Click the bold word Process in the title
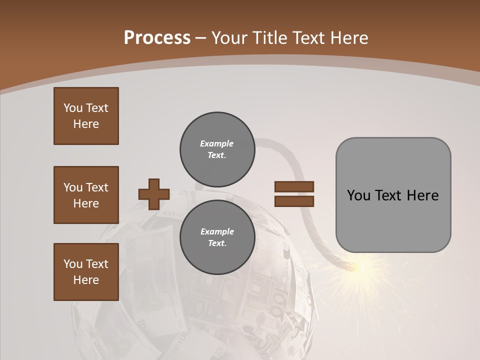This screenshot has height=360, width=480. tap(157, 38)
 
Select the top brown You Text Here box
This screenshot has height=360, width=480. tap(86, 116)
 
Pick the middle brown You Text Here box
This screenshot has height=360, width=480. tap(86, 195)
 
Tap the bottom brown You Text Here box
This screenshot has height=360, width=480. tap(86, 272)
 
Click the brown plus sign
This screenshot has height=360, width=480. tap(154, 194)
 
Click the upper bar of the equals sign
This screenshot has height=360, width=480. tap(294, 186)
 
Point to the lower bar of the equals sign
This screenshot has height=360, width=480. tap(294, 201)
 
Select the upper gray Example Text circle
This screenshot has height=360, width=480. tap(217, 149)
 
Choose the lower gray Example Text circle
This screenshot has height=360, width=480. tap(217, 237)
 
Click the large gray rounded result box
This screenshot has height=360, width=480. tap(393, 195)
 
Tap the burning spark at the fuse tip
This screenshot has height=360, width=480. tap(362, 267)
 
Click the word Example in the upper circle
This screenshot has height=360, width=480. tap(216, 143)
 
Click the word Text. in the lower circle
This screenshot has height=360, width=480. tap(217, 243)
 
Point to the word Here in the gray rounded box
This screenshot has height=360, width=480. tap(422, 195)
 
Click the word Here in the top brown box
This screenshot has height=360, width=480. tap(86, 124)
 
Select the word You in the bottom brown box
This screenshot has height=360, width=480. tap(72, 264)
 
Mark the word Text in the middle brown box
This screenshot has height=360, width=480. tap(96, 187)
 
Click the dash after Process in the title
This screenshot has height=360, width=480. tap(200, 38)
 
